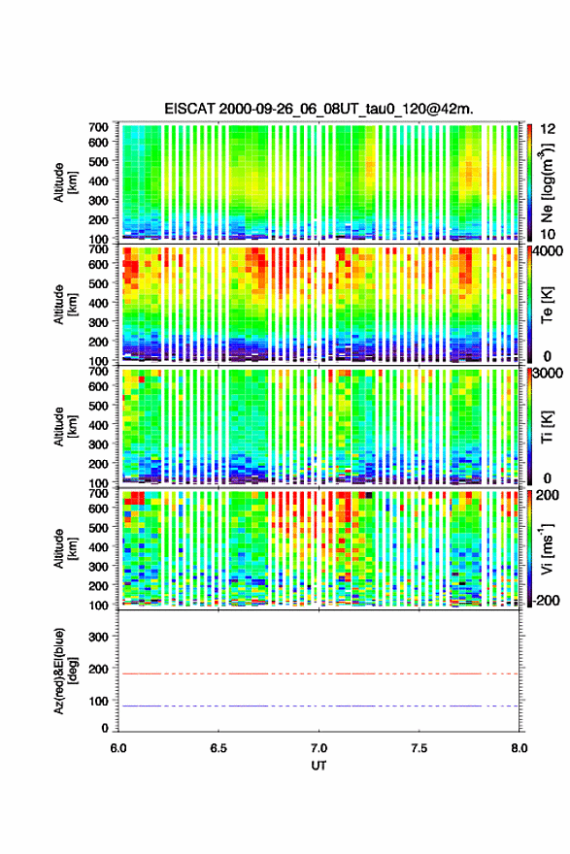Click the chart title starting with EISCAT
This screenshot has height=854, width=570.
[319, 109]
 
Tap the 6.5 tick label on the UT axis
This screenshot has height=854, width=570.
[218, 748]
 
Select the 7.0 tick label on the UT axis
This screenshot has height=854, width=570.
[319, 748]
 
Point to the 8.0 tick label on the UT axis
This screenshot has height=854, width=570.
[520, 748]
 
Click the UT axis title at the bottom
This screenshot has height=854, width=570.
[319, 766]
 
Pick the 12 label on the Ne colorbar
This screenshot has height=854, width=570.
[548, 129]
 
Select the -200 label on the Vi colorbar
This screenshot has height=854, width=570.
[546, 600]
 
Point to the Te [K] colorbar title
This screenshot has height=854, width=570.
[547, 305]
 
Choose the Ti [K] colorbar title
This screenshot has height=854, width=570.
[547, 427]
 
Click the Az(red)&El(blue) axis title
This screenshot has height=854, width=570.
[65, 671]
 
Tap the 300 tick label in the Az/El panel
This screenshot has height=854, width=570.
[99, 637]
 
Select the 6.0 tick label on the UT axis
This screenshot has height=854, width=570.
[118, 748]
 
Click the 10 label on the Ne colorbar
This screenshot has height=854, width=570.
[548, 234]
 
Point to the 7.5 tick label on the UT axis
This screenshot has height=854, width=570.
[419, 748]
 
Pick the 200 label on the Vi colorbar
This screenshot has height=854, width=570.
[548, 495]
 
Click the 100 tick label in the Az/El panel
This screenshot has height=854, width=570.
[99, 701]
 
